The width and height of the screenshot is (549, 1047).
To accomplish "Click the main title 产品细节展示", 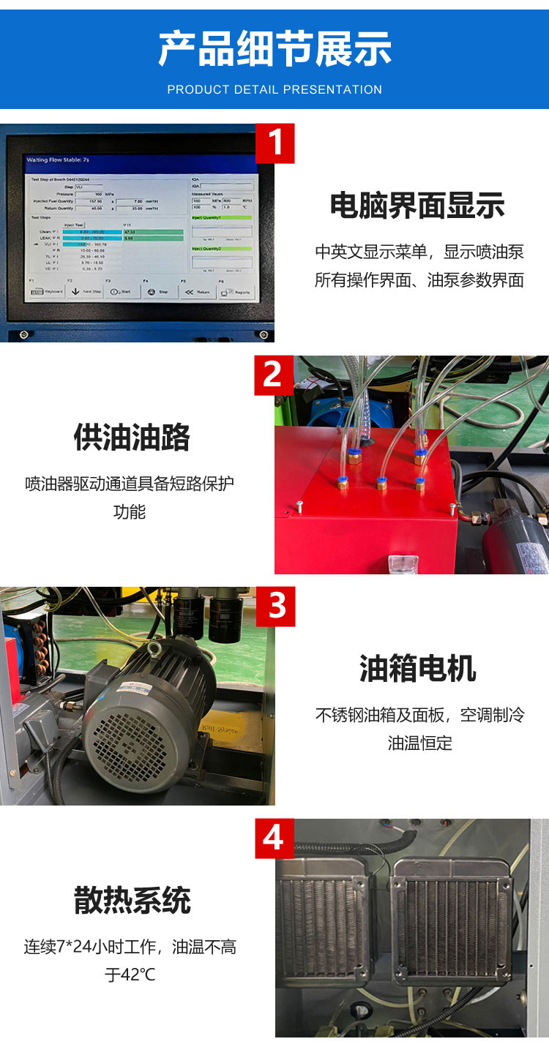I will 274,49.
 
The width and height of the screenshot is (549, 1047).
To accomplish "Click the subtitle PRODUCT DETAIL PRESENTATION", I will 274,89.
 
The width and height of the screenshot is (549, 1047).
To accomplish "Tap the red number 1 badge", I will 274,143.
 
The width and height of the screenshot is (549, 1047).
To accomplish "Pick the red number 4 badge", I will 274,838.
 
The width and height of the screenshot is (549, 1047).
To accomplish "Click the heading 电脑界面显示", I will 418,206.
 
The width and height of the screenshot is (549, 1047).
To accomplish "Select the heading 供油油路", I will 132,438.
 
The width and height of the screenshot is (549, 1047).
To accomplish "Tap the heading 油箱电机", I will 418,668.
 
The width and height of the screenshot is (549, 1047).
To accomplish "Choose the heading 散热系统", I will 132,900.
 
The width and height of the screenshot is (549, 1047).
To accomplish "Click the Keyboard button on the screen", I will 45,291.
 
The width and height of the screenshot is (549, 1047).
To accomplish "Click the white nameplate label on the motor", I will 135,685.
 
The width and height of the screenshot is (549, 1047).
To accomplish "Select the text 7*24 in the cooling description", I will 80,947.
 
